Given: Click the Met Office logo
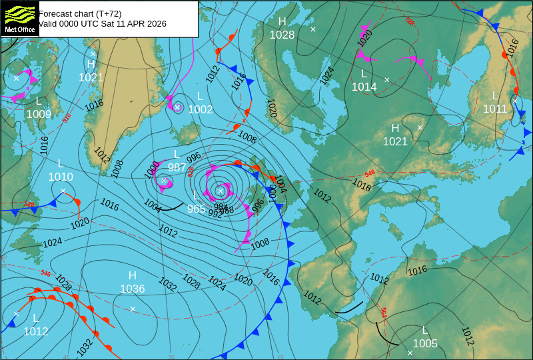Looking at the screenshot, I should click(x=19, y=18).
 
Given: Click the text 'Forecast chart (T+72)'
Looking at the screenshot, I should click(x=80, y=13).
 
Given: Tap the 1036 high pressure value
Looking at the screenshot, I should click(x=132, y=289).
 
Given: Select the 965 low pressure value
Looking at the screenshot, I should click(x=197, y=209).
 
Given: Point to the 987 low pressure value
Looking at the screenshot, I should click(x=177, y=167).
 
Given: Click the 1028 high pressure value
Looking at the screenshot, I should click(x=282, y=35).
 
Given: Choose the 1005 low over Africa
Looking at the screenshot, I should click(x=425, y=343).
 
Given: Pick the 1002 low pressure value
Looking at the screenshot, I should click(x=201, y=109).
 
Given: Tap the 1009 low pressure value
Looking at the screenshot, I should click(x=39, y=114).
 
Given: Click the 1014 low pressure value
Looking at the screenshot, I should click(x=364, y=87).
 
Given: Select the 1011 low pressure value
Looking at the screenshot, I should click(x=495, y=109).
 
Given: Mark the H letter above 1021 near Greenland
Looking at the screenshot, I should click(x=91, y=65).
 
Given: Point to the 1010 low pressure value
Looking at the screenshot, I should click(x=61, y=177).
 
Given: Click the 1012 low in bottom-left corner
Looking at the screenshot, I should click(x=36, y=331).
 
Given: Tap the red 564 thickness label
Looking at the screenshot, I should click(x=384, y=312).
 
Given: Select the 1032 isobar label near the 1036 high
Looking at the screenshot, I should click(x=167, y=285).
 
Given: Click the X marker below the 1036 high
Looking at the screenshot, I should click(x=133, y=308).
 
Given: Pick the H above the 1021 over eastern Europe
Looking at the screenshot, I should click(x=395, y=128).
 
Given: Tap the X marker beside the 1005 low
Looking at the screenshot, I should click(x=410, y=353).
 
